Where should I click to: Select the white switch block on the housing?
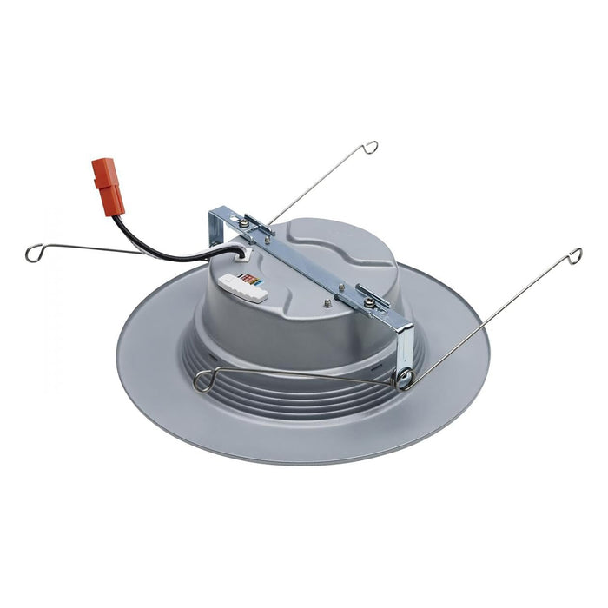243,287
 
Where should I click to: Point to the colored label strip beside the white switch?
251,279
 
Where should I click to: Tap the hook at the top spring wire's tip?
371,147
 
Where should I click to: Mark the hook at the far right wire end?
574,254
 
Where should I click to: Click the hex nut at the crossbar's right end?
371,301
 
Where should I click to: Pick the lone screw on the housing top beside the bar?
327,302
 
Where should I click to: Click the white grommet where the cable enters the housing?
241,254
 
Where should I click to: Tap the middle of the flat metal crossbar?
313,267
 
